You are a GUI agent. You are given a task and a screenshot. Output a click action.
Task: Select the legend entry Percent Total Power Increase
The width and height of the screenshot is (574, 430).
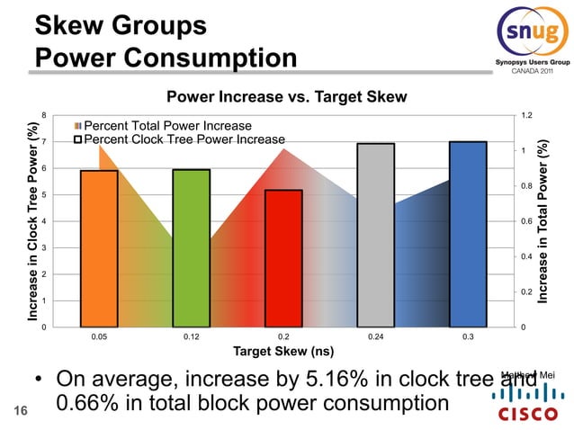click(166, 126)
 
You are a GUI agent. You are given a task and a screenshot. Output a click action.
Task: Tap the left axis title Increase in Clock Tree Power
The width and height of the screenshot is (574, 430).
click(32, 221)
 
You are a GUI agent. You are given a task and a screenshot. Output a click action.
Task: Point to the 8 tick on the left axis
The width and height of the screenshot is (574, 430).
click(44, 115)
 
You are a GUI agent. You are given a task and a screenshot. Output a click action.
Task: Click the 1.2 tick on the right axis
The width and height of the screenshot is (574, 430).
click(525, 115)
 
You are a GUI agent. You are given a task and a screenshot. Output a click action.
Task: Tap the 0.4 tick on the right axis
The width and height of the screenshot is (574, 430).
click(525, 256)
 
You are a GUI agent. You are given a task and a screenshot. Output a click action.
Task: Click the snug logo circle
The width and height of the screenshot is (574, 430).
click(531, 33)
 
